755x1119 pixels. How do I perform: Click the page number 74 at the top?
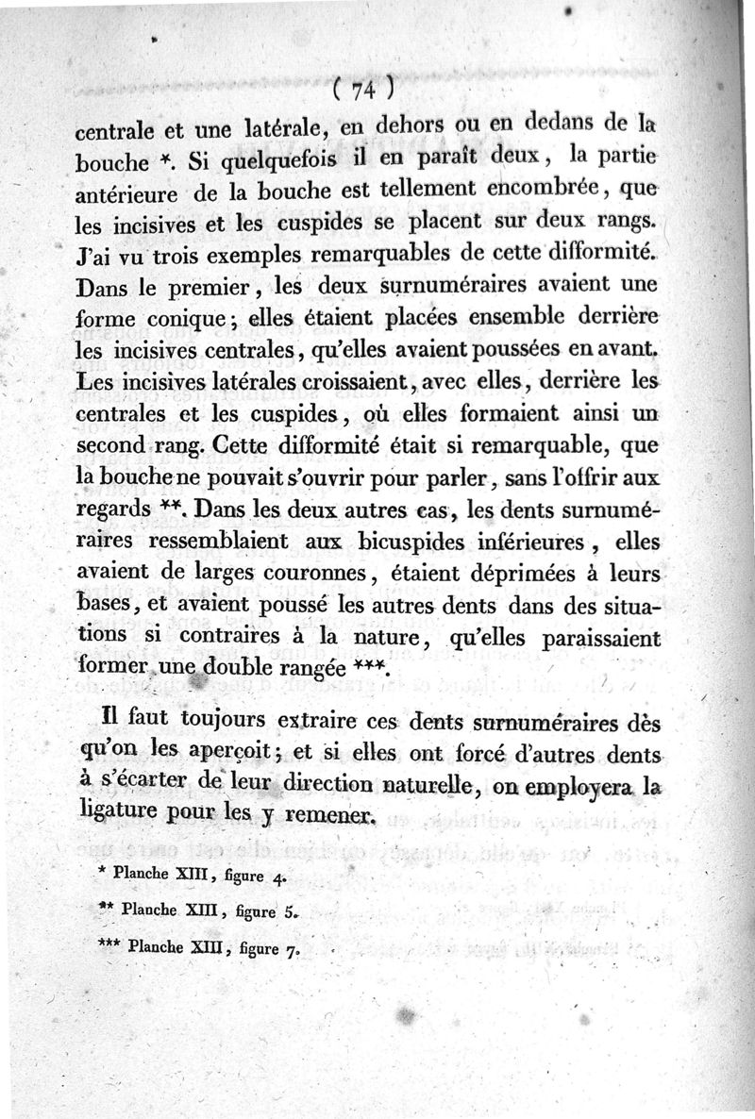pos(362,89)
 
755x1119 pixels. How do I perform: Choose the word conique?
pos(187,320)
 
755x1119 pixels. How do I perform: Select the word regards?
pos(113,510)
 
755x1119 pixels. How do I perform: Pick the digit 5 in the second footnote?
pos(291,912)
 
